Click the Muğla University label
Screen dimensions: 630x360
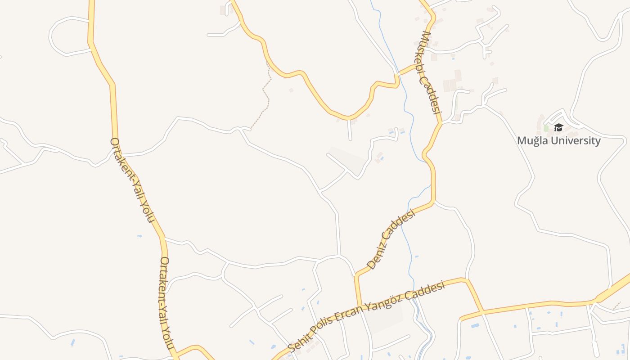[x=558, y=140]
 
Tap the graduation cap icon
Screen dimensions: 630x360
[x=558, y=128]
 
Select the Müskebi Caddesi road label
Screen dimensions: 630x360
[x=429, y=72]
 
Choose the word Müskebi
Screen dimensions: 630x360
[x=425, y=54]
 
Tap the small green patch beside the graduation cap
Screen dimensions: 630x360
[x=546, y=128]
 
